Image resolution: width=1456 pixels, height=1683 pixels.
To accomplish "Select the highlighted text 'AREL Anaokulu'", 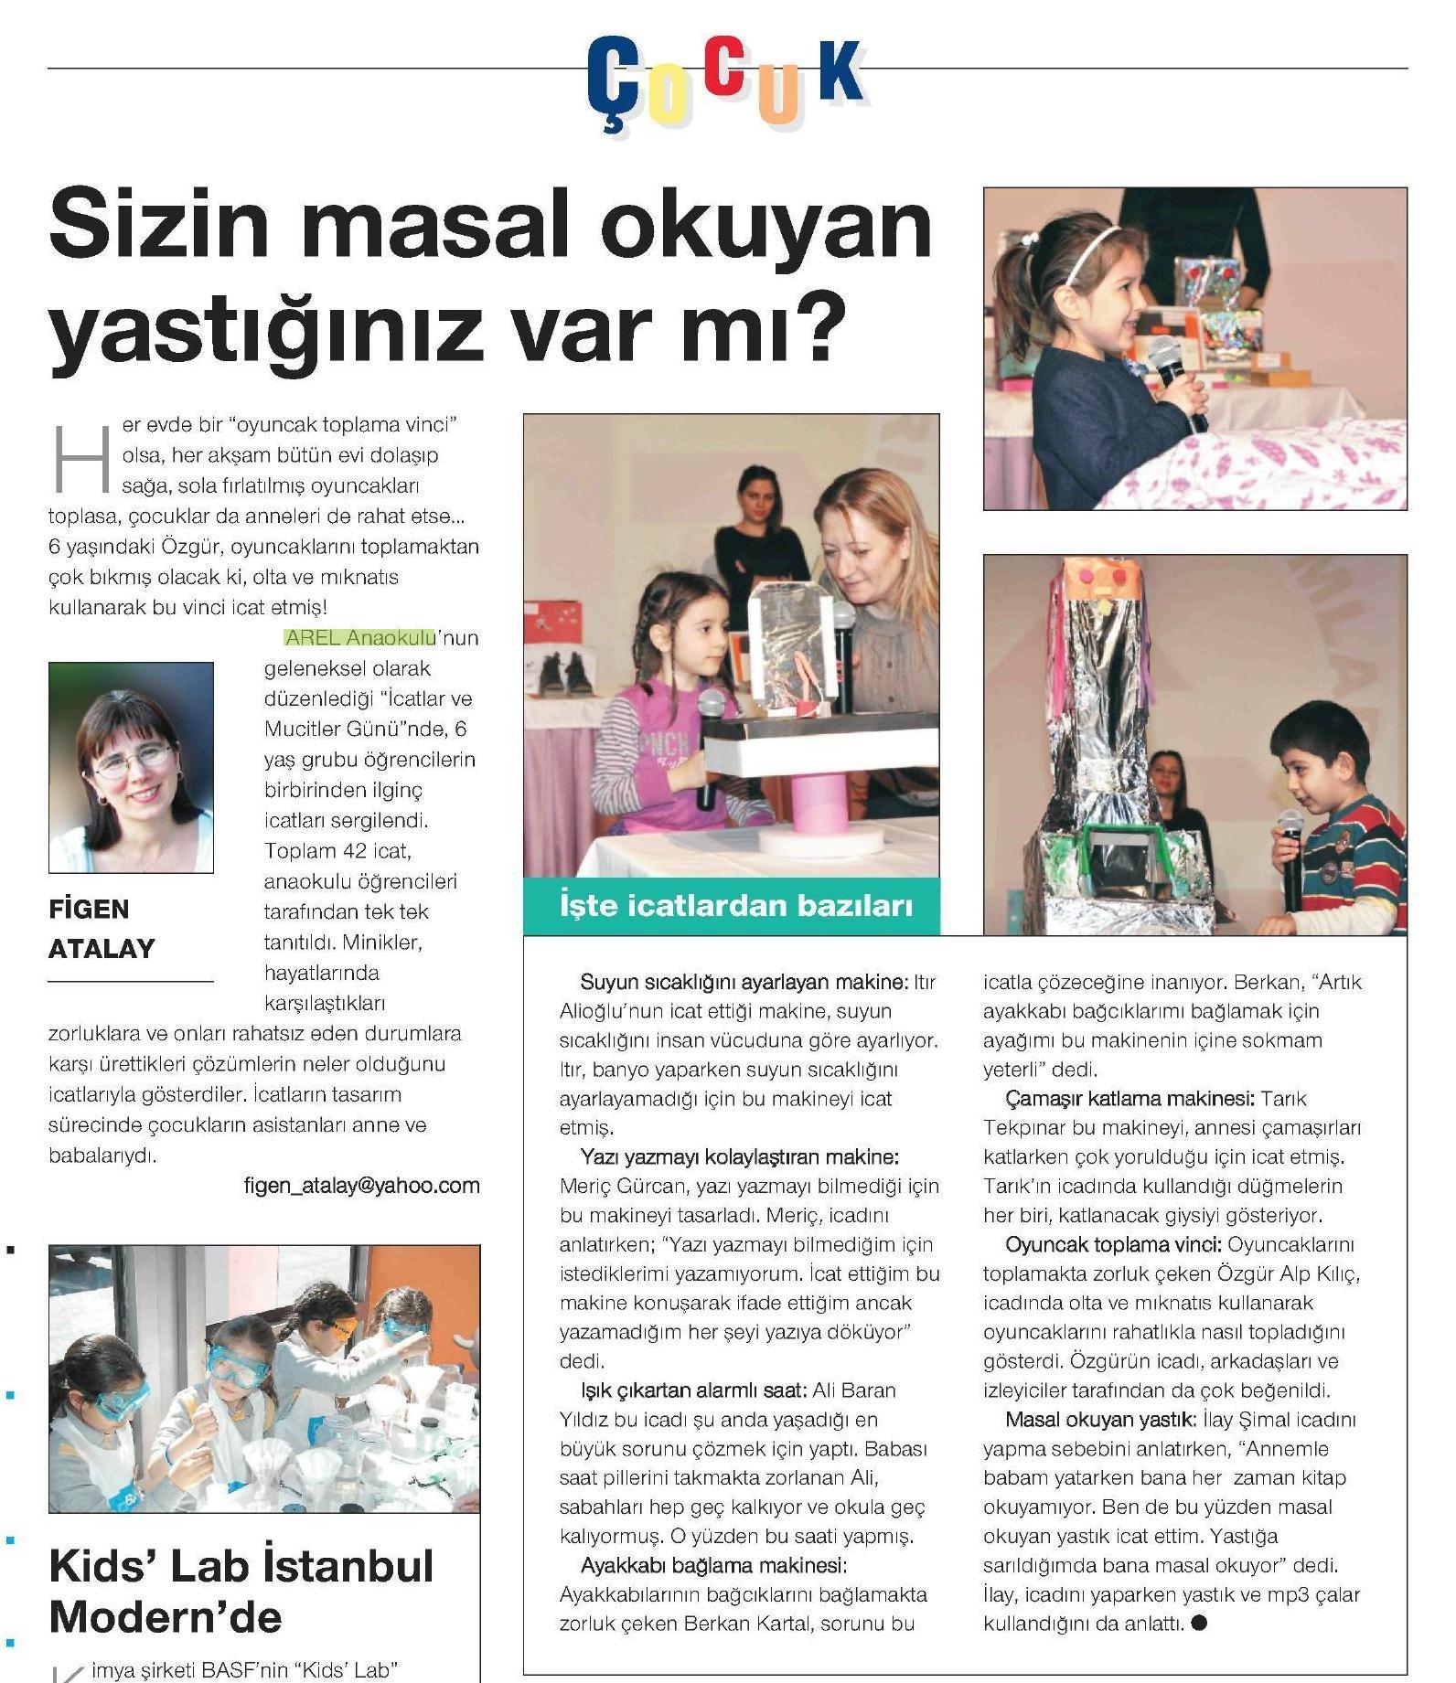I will coord(359,637).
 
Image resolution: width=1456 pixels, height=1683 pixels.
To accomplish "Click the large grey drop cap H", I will coord(81,456).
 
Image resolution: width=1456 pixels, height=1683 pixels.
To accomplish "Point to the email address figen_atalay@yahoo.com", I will coord(361,1186).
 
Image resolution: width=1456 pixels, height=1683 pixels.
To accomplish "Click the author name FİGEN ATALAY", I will coord(102,929).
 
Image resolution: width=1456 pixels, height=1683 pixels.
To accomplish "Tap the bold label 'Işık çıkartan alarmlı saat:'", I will coord(692,1390).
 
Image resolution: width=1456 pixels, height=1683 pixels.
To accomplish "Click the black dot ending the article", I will coord(1201,1624).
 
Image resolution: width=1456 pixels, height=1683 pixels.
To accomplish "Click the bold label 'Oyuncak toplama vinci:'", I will coord(1113,1244).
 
